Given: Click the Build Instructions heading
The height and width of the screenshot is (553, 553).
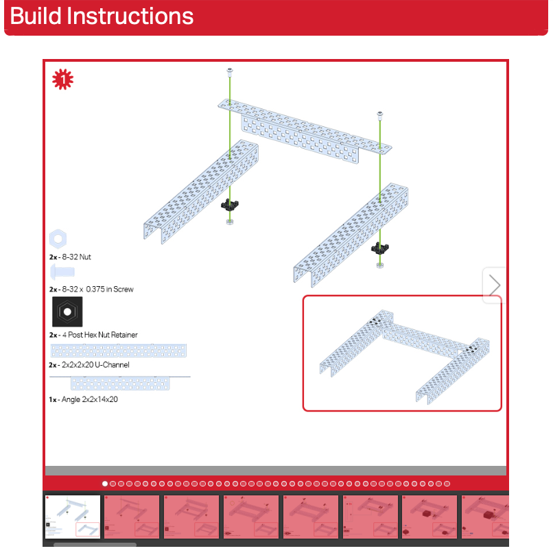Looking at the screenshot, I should (x=102, y=16).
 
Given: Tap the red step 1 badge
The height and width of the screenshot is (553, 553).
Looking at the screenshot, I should (x=62, y=80).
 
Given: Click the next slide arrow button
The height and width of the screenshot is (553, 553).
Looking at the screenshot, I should (x=495, y=285).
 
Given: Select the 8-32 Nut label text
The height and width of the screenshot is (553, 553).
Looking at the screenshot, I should (x=70, y=257).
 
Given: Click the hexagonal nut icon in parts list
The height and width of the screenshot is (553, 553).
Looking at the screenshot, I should (x=58, y=239).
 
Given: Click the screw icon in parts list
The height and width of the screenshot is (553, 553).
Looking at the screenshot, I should (x=62, y=272).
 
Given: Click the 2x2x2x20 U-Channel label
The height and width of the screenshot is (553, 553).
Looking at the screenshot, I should (x=89, y=365).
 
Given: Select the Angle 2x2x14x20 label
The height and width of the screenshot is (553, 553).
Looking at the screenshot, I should (x=84, y=399).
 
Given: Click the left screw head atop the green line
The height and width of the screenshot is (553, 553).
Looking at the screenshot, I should (x=231, y=71).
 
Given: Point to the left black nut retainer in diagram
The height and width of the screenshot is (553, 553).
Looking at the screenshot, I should (x=230, y=204).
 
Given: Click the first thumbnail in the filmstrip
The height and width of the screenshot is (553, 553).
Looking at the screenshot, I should (x=73, y=517).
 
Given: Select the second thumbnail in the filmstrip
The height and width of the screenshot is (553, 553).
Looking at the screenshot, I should (x=132, y=517).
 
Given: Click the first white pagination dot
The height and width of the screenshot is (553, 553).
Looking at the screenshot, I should (x=105, y=484).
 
